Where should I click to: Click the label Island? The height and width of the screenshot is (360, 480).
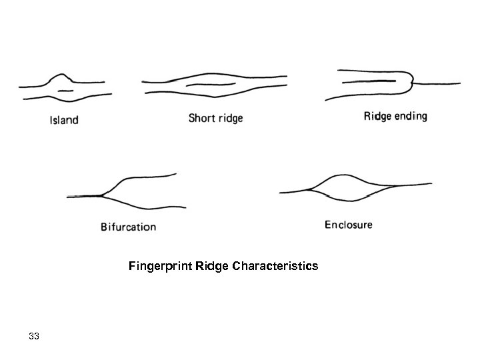[x=64, y=121]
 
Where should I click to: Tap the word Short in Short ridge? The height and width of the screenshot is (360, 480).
[x=201, y=119]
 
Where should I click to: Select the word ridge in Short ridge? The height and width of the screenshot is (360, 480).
[x=230, y=119]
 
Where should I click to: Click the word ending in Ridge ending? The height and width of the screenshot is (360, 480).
[x=411, y=116]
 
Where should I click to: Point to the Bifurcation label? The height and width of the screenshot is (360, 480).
[x=128, y=227]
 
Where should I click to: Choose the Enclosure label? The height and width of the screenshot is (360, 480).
[x=349, y=225]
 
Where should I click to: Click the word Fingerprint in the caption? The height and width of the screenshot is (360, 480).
[x=161, y=267]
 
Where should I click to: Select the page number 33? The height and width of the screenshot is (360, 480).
[x=34, y=337]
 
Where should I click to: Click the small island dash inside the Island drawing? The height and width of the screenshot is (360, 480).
[x=64, y=88]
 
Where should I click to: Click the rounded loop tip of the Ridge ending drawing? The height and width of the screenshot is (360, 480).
[x=411, y=83]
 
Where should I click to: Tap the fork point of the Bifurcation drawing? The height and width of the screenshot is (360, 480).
[x=102, y=195]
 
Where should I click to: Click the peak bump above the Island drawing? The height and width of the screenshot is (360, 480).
[x=61, y=74]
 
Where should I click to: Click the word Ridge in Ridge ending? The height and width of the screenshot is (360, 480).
[x=377, y=116]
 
